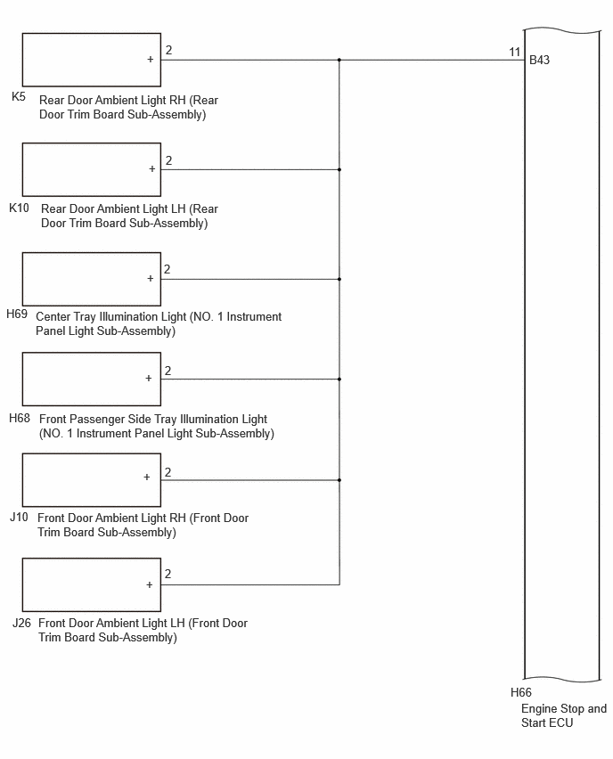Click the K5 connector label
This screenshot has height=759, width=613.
coord(19,97)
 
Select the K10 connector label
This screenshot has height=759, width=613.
coord(19,208)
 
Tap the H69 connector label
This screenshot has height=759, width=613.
coord(17,314)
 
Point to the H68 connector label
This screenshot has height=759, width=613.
coord(20,418)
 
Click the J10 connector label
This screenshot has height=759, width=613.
coord(19,518)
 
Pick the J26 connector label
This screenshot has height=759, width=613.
coord(21,623)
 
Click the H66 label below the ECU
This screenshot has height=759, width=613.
coord(521,693)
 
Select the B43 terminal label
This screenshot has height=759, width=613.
coord(539,60)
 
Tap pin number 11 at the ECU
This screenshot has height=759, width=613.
coord(515,52)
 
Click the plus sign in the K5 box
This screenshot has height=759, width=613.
coord(150,59)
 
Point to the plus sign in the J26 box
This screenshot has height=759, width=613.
coord(149,584)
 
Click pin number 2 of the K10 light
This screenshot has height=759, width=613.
coord(168,160)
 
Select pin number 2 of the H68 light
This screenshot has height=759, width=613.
coord(168,371)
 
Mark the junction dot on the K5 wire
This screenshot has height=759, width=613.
coord(339,60)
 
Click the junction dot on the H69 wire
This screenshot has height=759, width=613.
coord(339,280)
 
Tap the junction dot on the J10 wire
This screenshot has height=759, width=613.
coord(339,480)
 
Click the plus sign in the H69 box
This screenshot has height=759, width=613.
coord(150,278)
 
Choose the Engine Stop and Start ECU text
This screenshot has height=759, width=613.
coord(564,716)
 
